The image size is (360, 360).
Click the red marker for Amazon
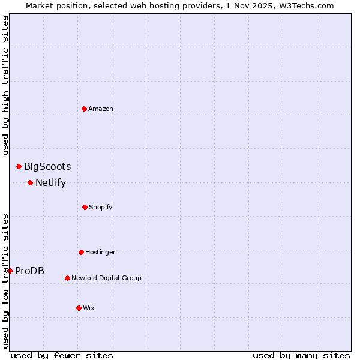tap(84, 109)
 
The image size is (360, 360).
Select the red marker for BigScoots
tap(19, 166)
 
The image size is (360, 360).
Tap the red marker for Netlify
tap(30, 182)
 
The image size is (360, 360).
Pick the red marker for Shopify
tap(85, 207)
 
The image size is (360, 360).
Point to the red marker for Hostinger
tap(81, 252)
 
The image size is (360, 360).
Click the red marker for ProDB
tap(10, 271)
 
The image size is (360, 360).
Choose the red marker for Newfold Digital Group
tap(67, 278)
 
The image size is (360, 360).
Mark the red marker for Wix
tap(79, 308)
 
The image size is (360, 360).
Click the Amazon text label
tap(101, 109)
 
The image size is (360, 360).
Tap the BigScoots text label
tap(47, 166)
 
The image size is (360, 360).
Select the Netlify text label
tap(50, 182)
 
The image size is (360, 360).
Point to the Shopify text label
tap(101, 207)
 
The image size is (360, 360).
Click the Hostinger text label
tap(100, 252)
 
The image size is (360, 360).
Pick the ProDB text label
tap(29, 271)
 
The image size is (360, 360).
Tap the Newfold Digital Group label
tap(106, 278)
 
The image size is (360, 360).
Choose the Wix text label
tap(89, 308)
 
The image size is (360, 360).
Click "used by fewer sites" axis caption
tap(62, 355)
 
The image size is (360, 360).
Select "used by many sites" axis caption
tap(301, 355)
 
